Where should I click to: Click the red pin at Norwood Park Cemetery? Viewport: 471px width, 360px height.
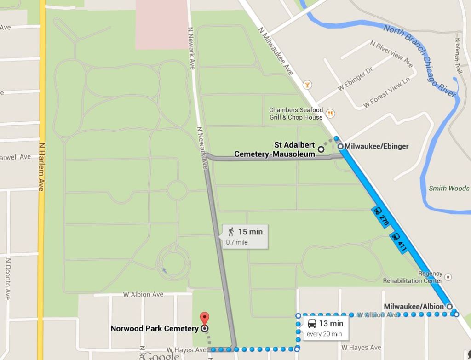click(x=205, y=318)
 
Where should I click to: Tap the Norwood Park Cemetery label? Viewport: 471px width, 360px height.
click(x=155, y=328)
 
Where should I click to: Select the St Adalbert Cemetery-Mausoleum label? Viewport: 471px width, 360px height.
click(x=275, y=149)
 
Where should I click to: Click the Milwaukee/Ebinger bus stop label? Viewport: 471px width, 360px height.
click(x=376, y=146)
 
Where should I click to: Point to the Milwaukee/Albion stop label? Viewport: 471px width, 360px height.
click(x=414, y=306)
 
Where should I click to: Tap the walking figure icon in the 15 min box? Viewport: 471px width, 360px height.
click(x=231, y=232)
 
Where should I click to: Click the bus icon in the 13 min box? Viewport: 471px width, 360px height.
click(x=312, y=323)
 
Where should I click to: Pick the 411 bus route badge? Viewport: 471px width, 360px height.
click(x=398, y=242)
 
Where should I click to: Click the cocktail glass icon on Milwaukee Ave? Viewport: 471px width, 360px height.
click(x=307, y=85)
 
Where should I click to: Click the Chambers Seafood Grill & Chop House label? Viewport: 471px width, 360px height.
click(x=296, y=114)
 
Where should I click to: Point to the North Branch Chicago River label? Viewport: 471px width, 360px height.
click(x=419, y=59)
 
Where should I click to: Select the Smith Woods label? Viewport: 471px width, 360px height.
click(x=449, y=188)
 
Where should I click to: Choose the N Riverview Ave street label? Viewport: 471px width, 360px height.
click(x=391, y=53)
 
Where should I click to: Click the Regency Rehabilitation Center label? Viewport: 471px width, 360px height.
click(x=413, y=277)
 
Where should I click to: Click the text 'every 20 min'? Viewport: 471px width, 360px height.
click(x=324, y=334)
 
